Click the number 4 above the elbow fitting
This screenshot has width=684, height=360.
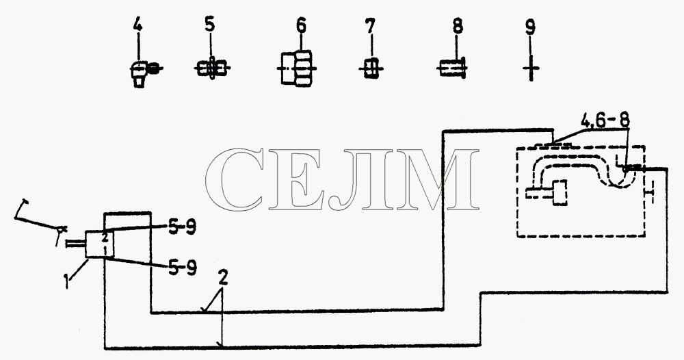click(137, 25)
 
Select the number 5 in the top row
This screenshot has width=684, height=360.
click(210, 24)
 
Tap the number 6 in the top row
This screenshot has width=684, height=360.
click(301, 25)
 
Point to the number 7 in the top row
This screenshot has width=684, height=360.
click(370, 27)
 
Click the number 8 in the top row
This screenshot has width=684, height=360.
click(457, 27)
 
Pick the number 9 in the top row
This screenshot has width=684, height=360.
click(530, 27)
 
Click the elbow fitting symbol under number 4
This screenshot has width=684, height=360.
click(144, 73)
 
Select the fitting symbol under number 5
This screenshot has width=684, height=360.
click(211, 68)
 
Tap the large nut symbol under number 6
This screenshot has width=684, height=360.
click(297, 68)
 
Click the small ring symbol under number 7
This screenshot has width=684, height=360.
click(370, 68)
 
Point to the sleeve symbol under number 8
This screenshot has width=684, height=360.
click(452, 68)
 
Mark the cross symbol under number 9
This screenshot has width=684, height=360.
click(531, 68)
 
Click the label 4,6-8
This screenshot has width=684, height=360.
click(605, 120)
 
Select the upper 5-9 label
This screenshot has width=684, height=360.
click(181, 227)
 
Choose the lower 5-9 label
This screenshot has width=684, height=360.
click(182, 268)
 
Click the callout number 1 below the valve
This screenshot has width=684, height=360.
click(66, 281)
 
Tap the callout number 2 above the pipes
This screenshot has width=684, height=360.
click(223, 279)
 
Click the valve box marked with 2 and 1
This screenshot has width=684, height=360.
click(99, 244)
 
